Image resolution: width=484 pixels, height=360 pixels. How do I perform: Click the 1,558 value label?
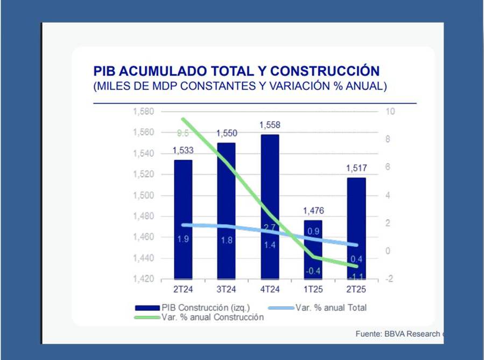tap(270, 125)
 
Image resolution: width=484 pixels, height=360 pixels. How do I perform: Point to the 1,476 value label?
tap(313, 211)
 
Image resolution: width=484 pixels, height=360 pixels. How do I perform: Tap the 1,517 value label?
tap(356, 169)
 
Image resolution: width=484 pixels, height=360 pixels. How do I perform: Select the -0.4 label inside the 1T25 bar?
tap(313, 271)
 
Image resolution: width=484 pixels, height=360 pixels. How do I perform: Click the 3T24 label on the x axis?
tap(226, 289)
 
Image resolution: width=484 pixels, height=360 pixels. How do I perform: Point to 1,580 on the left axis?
tap(143, 112)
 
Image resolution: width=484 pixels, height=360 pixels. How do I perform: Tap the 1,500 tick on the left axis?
tap(143, 195)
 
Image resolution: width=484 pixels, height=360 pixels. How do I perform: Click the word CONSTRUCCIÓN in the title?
tap(325, 71)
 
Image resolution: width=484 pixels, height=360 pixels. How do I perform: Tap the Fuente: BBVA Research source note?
tap(399, 334)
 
